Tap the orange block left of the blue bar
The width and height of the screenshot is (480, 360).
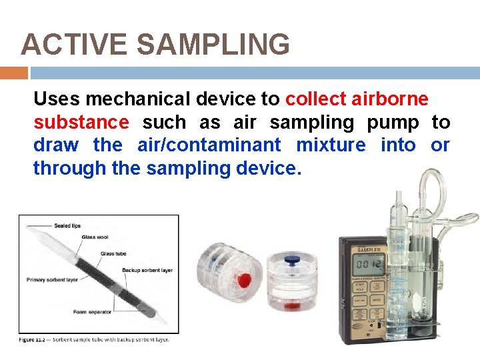click(13, 73)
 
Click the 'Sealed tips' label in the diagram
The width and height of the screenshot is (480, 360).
click(67, 226)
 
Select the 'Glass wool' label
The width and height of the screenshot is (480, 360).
click(95, 236)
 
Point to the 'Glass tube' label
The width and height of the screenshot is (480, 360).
click(113, 253)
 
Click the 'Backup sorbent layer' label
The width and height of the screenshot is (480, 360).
click(147, 270)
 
